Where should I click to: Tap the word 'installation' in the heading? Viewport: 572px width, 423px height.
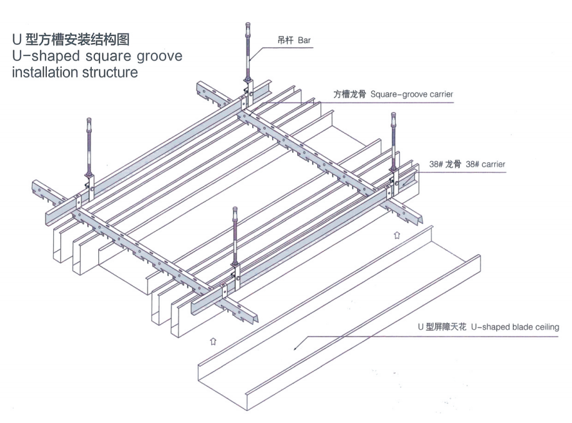pos(44,72)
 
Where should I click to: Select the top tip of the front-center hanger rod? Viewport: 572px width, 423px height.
pos(235,209)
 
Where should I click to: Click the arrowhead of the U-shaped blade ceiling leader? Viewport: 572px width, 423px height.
pos(295,347)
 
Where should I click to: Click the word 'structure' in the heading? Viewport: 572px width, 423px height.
pos(108,72)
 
